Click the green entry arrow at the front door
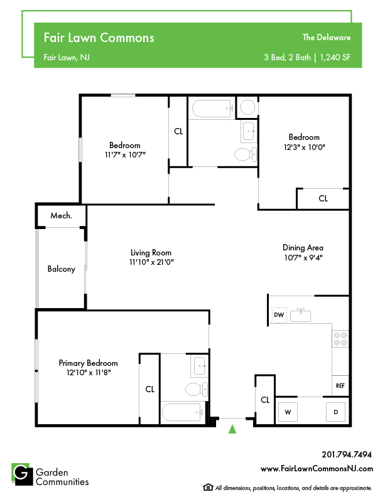point(232,429)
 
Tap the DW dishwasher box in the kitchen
point(279,315)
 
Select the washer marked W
point(288,412)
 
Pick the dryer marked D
point(335,412)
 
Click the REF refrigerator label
point(340,386)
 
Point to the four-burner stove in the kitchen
point(340,339)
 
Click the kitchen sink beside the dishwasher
point(300,315)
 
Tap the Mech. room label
point(61,215)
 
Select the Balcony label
point(61,269)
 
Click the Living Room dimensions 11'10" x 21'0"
point(151,262)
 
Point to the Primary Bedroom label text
point(88,363)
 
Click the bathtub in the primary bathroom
point(182,412)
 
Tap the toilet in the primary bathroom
point(197,389)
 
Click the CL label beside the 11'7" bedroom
point(178,131)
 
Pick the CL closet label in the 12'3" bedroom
point(323,198)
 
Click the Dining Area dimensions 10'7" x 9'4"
point(303,257)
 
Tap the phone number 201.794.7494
point(347,454)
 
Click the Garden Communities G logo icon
point(22,474)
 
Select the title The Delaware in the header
point(327,37)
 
